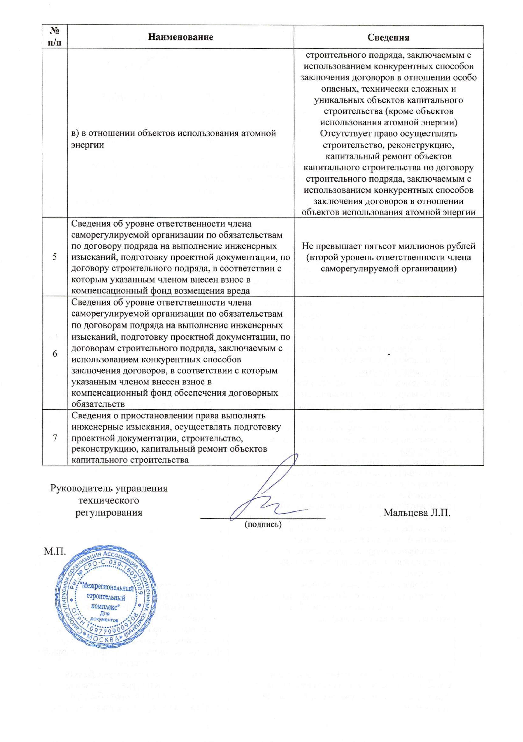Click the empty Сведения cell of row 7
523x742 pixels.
[389, 437]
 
